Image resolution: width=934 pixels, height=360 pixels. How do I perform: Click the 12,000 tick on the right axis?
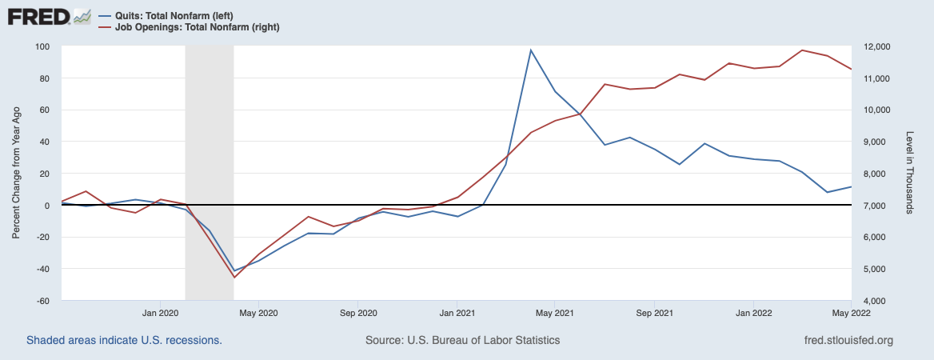[871, 46]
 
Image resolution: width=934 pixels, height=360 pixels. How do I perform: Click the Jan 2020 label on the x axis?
[160, 312]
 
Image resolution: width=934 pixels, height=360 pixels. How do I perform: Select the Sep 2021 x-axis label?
[653, 312]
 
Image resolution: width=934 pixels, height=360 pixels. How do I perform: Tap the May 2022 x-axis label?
[851, 312]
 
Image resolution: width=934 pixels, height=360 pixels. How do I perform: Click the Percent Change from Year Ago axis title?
[16, 174]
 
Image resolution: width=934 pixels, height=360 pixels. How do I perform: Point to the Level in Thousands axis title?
[910, 174]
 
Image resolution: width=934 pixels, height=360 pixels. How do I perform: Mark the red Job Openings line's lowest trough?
[234, 278]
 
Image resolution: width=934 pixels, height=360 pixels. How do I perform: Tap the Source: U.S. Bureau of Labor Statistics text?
[462, 340]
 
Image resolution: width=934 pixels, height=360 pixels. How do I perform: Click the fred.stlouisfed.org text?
[848, 340]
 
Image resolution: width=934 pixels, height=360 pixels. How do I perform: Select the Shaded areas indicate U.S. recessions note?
[124, 340]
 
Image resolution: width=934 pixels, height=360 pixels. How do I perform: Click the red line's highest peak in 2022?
[802, 50]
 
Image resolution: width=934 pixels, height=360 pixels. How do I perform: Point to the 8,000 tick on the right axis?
[869, 174]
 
